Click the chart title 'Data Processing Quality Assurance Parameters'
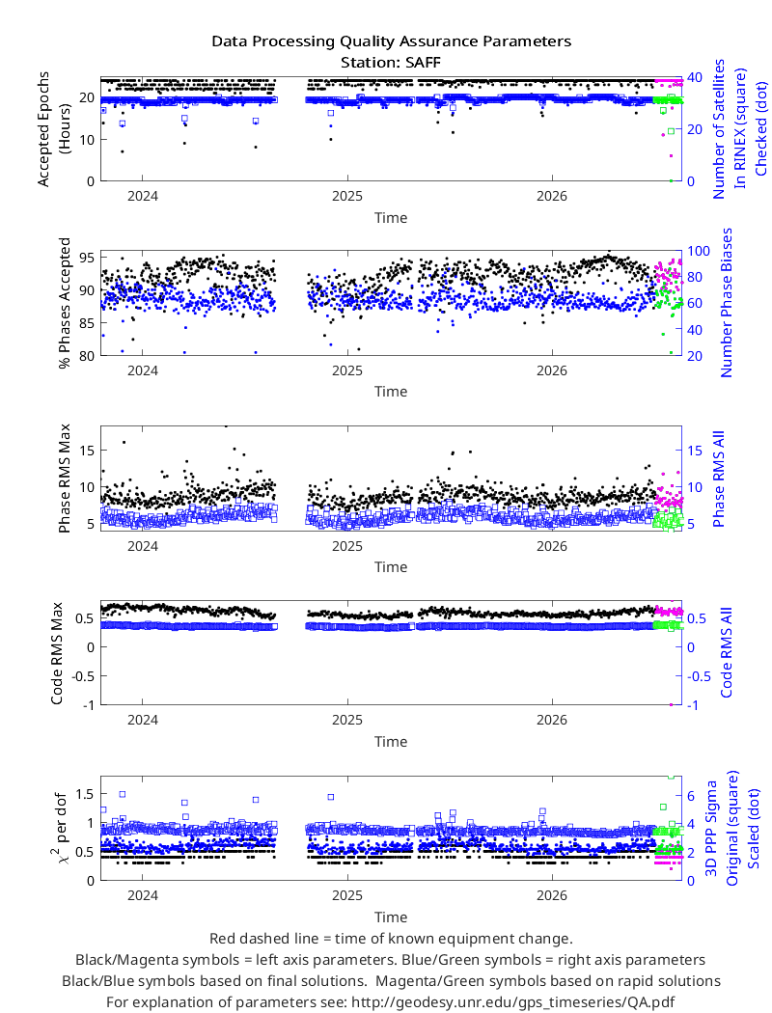click(391, 42)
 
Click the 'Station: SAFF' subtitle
click(391, 63)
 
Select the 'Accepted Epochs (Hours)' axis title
click(50, 129)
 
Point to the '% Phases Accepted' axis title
click(64, 303)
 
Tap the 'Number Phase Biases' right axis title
click(726, 303)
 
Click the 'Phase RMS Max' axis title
click(64, 479)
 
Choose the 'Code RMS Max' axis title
click(57, 653)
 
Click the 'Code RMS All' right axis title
click(726, 652)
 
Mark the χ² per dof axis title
click(58, 828)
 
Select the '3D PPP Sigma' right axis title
click(711, 828)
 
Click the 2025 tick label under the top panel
click(347, 197)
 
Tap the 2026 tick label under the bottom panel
click(552, 896)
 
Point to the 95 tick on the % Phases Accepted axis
click(87, 258)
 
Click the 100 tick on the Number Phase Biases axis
click(699, 251)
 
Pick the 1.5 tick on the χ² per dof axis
click(85, 794)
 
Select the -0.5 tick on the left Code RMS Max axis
click(83, 676)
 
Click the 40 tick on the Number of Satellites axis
click(695, 77)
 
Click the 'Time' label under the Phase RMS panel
click(391, 567)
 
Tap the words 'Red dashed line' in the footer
click(263, 939)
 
